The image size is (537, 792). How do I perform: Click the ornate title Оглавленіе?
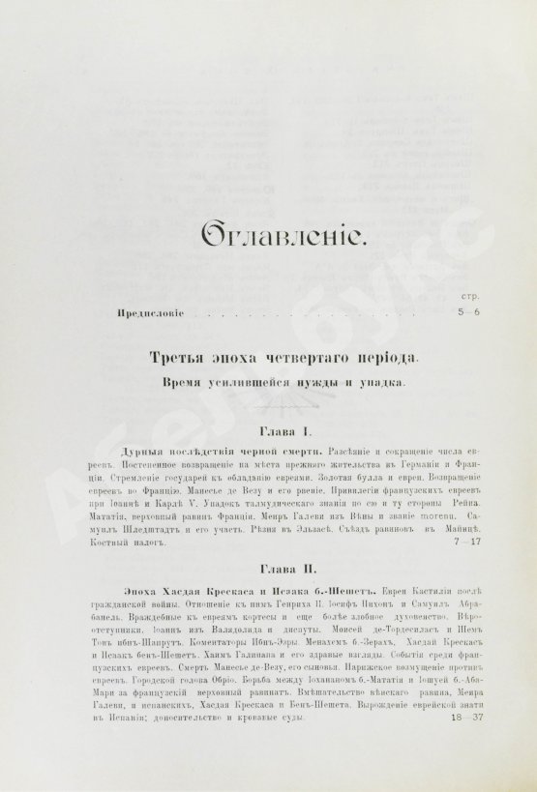(x=267, y=235)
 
